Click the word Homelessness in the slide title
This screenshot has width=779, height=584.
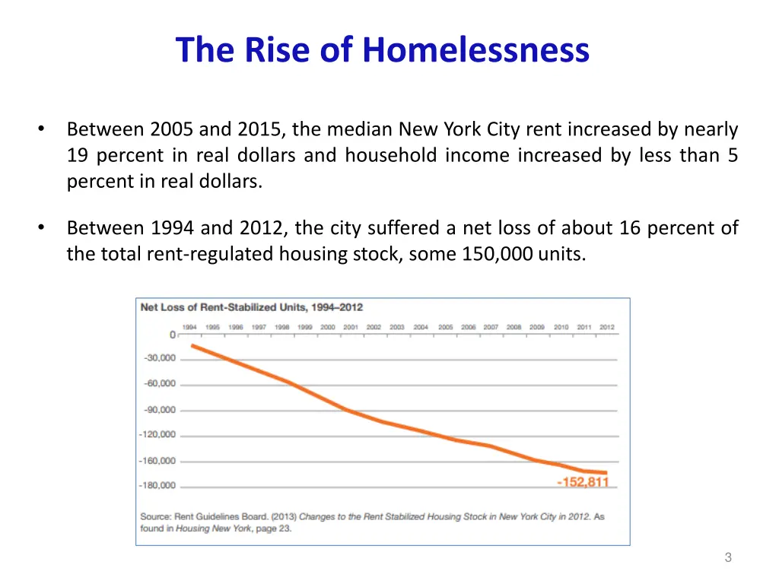475,50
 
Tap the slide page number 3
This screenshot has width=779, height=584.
728,557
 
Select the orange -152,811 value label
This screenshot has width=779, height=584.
583,482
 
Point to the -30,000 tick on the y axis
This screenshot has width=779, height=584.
160,358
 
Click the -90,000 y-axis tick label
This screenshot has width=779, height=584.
160,410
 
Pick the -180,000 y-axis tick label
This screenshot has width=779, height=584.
157,485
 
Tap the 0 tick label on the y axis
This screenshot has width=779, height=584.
173,335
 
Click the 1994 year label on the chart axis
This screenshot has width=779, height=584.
190,327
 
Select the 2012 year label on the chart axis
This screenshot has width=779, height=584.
607,327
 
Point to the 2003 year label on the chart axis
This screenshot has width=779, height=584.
397,327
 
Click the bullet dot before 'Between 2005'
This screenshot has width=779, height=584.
43,129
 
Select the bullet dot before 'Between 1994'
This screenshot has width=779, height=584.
43,227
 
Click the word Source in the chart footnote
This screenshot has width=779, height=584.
156,516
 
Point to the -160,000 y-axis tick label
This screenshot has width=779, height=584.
157,461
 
